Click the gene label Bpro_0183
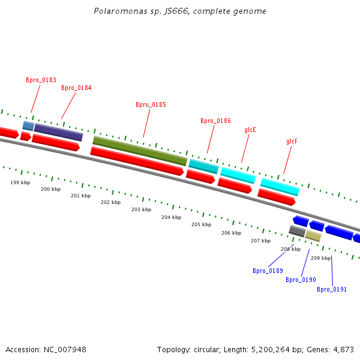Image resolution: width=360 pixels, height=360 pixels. tap(41, 80)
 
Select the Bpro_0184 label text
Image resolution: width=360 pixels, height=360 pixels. tap(76, 88)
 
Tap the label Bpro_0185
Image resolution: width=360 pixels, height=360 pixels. tap(151, 104)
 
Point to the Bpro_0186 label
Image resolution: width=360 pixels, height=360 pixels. tap(215, 121)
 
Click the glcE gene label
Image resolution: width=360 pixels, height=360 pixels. tap(250, 130)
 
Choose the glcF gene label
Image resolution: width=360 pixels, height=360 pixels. tap(292, 142)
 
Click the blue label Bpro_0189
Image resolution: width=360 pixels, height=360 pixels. tap(268, 271)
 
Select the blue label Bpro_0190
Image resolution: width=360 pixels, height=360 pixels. tap(301, 280)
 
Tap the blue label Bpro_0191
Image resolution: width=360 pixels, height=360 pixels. tap(332, 289)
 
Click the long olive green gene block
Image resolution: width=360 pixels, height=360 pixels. tap(140, 151)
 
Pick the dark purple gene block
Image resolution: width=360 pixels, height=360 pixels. tap(58, 132)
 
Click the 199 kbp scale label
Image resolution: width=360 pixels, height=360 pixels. tap(20, 182)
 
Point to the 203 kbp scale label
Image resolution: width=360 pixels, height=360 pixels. tap(141, 209)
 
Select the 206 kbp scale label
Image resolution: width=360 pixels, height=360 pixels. tap(231, 233)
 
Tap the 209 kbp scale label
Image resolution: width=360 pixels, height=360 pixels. tap(320, 258)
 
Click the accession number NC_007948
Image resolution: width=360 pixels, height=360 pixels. tap(64, 349)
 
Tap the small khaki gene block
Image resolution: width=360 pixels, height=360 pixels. tap(313, 236)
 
